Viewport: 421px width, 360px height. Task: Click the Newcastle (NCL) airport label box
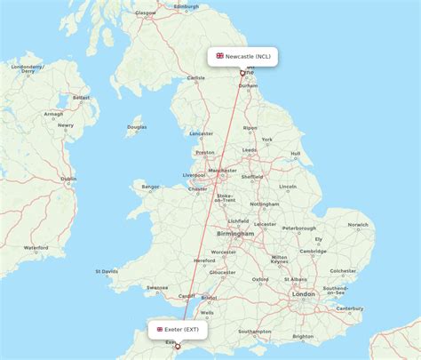tap(243, 56)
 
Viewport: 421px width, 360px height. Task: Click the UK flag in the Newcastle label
tap(219, 56)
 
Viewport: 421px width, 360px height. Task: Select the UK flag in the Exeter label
tap(160, 329)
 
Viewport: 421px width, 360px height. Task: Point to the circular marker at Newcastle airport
tap(242, 73)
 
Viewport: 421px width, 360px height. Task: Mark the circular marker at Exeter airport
tap(178, 346)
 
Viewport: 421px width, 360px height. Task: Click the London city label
tap(303, 293)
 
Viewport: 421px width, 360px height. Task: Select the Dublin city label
tap(68, 179)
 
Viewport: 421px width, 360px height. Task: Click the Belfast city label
tap(81, 98)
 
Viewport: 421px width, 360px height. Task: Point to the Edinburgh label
tap(186, 6)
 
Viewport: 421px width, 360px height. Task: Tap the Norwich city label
tap(357, 224)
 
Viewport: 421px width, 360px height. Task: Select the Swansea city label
tap(157, 287)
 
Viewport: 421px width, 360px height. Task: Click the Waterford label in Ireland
tap(36, 246)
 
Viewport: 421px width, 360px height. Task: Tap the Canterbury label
tap(350, 308)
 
